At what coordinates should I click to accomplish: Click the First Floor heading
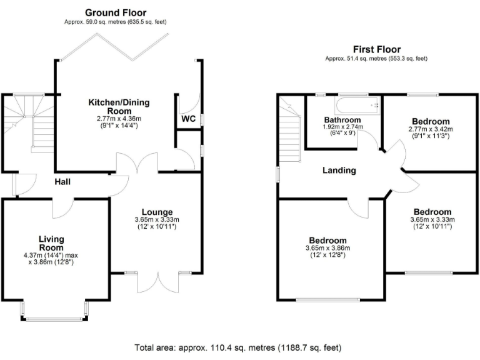click(x=376, y=49)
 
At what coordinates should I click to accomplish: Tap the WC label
click(x=189, y=119)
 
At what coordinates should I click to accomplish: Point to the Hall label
click(x=62, y=182)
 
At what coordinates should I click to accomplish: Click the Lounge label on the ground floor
click(x=156, y=212)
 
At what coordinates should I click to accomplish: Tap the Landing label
click(x=339, y=170)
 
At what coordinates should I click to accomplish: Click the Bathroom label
click(x=342, y=119)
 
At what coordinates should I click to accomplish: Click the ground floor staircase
click(x=32, y=125)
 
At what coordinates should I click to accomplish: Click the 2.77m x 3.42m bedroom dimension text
click(x=431, y=129)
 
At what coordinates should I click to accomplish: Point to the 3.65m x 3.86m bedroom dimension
click(x=328, y=249)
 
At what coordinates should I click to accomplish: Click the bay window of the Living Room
click(x=54, y=312)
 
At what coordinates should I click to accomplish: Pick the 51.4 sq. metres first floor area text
click(x=376, y=58)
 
